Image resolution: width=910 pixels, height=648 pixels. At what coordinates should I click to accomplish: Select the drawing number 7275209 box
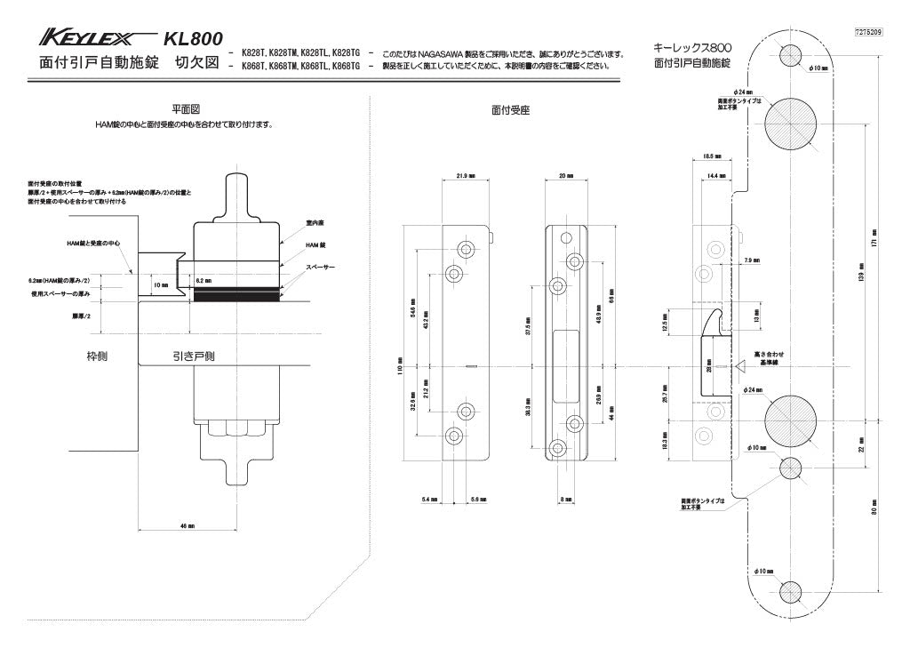pyautogui.click(x=867, y=31)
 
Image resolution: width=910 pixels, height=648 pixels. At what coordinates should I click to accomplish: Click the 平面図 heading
pyautogui.click(x=185, y=108)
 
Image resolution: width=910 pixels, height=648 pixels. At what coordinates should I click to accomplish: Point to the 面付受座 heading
pyautogui.click(x=510, y=110)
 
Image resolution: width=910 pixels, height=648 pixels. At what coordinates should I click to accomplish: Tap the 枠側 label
pyautogui.click(x=97, y=356)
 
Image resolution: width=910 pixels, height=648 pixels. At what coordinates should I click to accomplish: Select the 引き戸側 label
pyautogui.click(x=193, y=356)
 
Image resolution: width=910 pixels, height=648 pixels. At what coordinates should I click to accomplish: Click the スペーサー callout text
pyautogui.click(x=321, y=266)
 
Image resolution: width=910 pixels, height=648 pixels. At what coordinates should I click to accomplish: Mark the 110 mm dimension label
pyautogui.click(x=402, y=367)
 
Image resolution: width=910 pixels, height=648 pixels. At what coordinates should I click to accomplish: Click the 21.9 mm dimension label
pyautogui.click(x=464, y=176)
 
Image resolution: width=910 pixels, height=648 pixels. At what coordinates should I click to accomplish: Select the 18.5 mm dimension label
pyautogui.click(x=712, y=156)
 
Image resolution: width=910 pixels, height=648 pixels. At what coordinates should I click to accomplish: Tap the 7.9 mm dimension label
pyautogui.click(x=750, y=260)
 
